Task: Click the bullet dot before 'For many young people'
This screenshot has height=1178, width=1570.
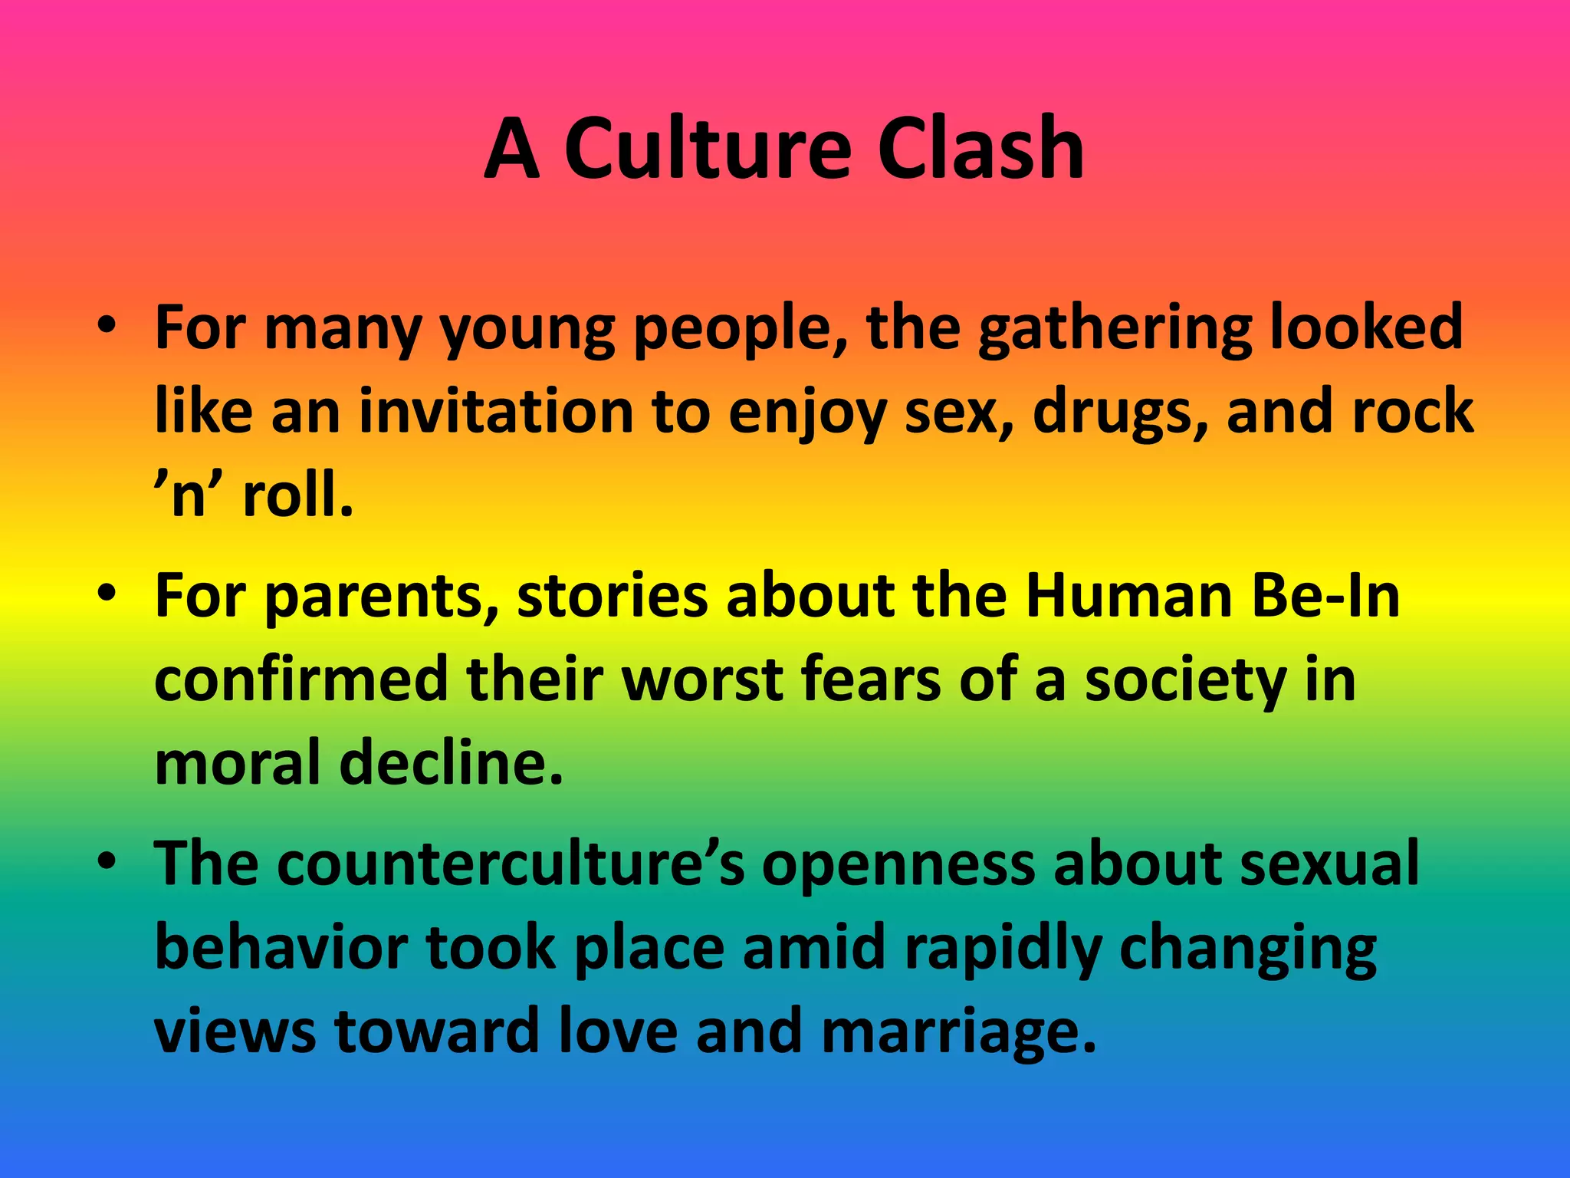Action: [x=107, y=325]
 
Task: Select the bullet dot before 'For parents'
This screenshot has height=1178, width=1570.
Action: [x=107, y=594]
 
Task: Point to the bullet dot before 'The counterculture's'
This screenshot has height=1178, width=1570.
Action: [x=107, y=862]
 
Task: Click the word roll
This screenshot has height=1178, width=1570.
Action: [x=298, y=495]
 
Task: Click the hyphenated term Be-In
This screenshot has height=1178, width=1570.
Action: [x=1325, y=596]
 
